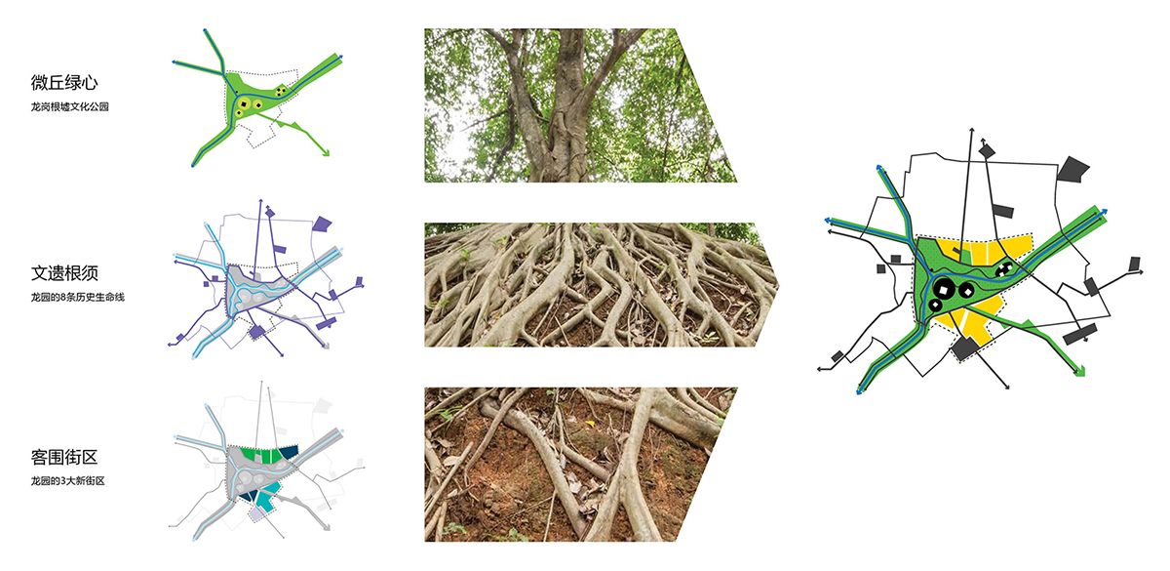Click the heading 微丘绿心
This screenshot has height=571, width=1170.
pos(64,83)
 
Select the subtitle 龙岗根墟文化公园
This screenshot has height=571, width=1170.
pos(69,106)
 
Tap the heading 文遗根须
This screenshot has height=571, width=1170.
pos(64,273)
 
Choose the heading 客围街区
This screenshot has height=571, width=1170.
pos(64,457)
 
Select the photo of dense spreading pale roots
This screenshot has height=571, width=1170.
pos(601,285)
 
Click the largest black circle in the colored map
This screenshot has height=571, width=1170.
pos(944,289)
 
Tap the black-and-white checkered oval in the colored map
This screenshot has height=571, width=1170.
pos(1004,269)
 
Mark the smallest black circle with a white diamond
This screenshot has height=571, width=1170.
pos(935,305)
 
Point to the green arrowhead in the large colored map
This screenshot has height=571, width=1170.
pos(1079,371)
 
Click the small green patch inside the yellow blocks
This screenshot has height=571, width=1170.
pos(964,256)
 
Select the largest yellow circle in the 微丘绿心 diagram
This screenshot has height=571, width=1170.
pos(244,103)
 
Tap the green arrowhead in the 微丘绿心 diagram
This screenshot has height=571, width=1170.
pos(326,152)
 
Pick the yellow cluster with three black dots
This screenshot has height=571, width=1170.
pos(281,91)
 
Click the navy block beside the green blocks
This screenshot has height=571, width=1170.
pos(289,453)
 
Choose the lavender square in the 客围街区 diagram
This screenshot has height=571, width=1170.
pos(256,514)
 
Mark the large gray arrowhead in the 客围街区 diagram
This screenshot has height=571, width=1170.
pos(327,527)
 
